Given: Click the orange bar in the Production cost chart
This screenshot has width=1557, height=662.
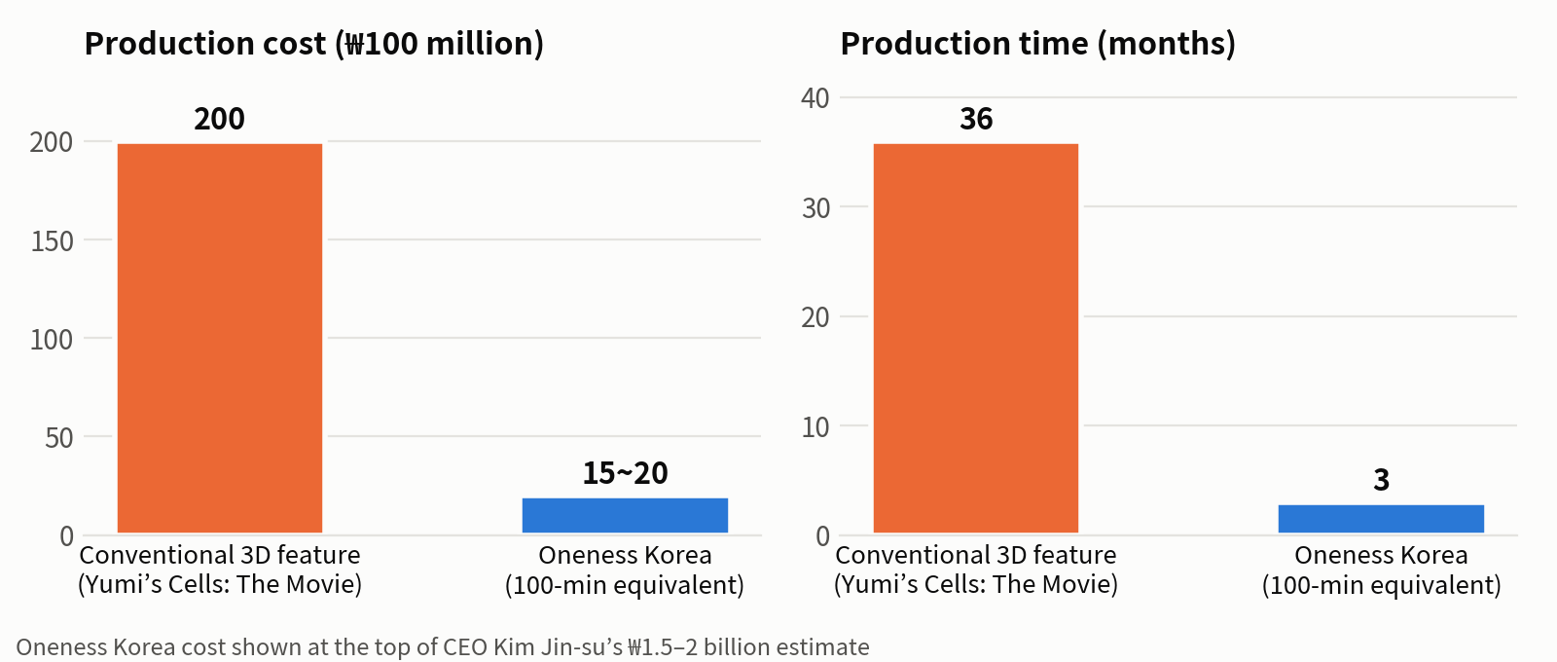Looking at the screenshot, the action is point(220,338).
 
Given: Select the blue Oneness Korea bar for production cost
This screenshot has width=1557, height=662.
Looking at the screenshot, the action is point(625,515).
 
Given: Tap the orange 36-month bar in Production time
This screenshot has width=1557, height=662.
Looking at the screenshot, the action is point(976,338).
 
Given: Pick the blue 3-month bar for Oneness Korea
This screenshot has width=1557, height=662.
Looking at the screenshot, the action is point(1381,519).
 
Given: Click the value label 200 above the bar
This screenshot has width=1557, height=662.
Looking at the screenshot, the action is point(220,119).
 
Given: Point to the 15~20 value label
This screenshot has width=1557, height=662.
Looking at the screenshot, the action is point(625,473).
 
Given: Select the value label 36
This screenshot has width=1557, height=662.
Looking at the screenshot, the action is point(976,119).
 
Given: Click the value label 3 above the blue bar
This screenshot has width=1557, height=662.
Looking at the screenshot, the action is point(1381,480).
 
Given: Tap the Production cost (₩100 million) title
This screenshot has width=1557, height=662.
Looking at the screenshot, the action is point(314,44).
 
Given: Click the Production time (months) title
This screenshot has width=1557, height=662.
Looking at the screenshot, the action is point(1037,44).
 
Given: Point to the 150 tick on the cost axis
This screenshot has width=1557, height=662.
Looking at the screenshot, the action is point(53,241).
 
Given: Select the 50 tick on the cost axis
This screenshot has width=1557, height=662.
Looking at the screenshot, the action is point(59,438).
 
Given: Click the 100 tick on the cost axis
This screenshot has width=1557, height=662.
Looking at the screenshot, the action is point(53,340).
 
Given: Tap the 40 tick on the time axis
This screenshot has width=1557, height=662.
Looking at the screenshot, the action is point(815,98).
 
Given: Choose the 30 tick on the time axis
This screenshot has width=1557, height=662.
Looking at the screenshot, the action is point(815,208).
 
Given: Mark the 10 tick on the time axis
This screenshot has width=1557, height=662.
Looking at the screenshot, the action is point(815,427).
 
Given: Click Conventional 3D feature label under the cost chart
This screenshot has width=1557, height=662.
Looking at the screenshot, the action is point(220,556).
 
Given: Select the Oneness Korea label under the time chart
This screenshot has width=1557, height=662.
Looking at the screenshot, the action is point(1381,556).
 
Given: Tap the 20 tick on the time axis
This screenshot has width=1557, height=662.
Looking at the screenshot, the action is point(815,317).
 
